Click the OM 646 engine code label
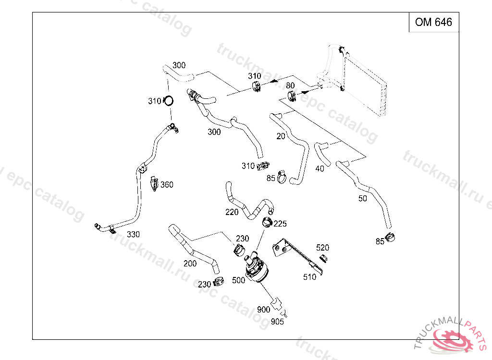[433, 22]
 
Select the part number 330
[133, 235]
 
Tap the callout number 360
[167, 185]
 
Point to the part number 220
[232, 212]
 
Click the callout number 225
[280, 224]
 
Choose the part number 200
[190, 263]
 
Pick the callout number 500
[239, 280]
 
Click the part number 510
[310, 277]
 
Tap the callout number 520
[323, 248]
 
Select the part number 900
[264, 310]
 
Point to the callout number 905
[278, 322]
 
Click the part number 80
[290, 85]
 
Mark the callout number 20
[281, 136]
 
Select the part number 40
[320, 168]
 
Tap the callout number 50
[363, 198]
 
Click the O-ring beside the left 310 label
[169, 101]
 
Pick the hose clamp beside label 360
[155, 183]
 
